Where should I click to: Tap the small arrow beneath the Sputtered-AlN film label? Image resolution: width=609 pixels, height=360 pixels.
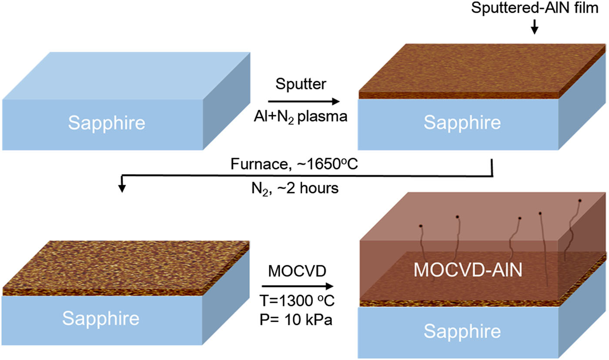(535, 28)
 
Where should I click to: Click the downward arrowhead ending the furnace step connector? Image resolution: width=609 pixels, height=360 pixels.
(122, 187)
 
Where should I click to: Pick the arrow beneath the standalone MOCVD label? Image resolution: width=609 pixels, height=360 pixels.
(298, 286)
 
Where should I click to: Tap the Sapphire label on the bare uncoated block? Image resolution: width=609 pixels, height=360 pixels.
(106, 123)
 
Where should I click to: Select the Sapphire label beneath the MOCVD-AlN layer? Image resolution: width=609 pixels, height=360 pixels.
(462, 331)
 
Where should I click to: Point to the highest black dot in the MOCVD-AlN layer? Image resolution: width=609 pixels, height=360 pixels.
(580, 200)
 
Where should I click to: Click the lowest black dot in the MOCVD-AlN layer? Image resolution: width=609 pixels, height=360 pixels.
(421, 226)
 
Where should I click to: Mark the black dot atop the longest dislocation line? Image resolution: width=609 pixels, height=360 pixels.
(540, 213)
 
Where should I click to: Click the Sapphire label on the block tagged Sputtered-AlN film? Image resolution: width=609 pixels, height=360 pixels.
(462, 123)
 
